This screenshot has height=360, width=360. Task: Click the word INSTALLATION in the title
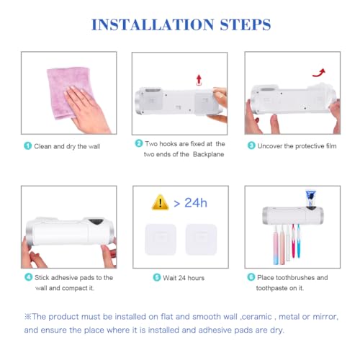(x=153, y=24)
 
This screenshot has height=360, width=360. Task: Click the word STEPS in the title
(x=246, y=24)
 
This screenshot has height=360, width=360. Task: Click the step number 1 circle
(x=28, y=145)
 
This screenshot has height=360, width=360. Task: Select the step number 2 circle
(x=139, y=143)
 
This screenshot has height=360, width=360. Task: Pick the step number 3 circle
(x=251, y=145)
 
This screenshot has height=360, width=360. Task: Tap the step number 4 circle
(x=29, y=277)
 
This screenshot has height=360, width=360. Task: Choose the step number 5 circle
(x=157, y=277)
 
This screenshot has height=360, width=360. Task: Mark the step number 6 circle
(x=251, y=277)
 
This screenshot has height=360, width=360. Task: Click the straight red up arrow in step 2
(x=199, y=80)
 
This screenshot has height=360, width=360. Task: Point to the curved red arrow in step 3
(x=320, y=73)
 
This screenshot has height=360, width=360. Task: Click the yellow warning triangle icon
(x=160, y=202)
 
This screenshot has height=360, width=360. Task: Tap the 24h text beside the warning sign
(x=196, y=203)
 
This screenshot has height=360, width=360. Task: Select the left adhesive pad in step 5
(x=161, y=239)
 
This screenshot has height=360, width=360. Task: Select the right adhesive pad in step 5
(x=201, y=239)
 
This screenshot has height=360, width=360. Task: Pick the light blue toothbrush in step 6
(x=298, y=240)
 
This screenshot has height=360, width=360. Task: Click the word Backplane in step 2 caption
(x=208, y=154)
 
